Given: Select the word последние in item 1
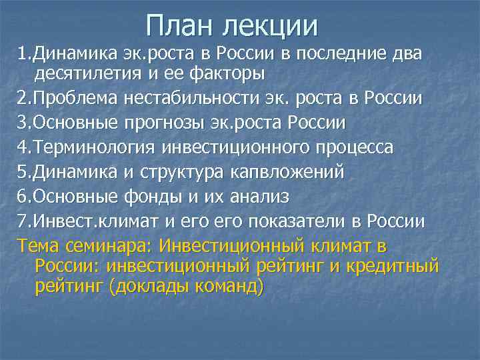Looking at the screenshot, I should (339, 53).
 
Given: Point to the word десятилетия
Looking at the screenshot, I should (87, 71).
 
